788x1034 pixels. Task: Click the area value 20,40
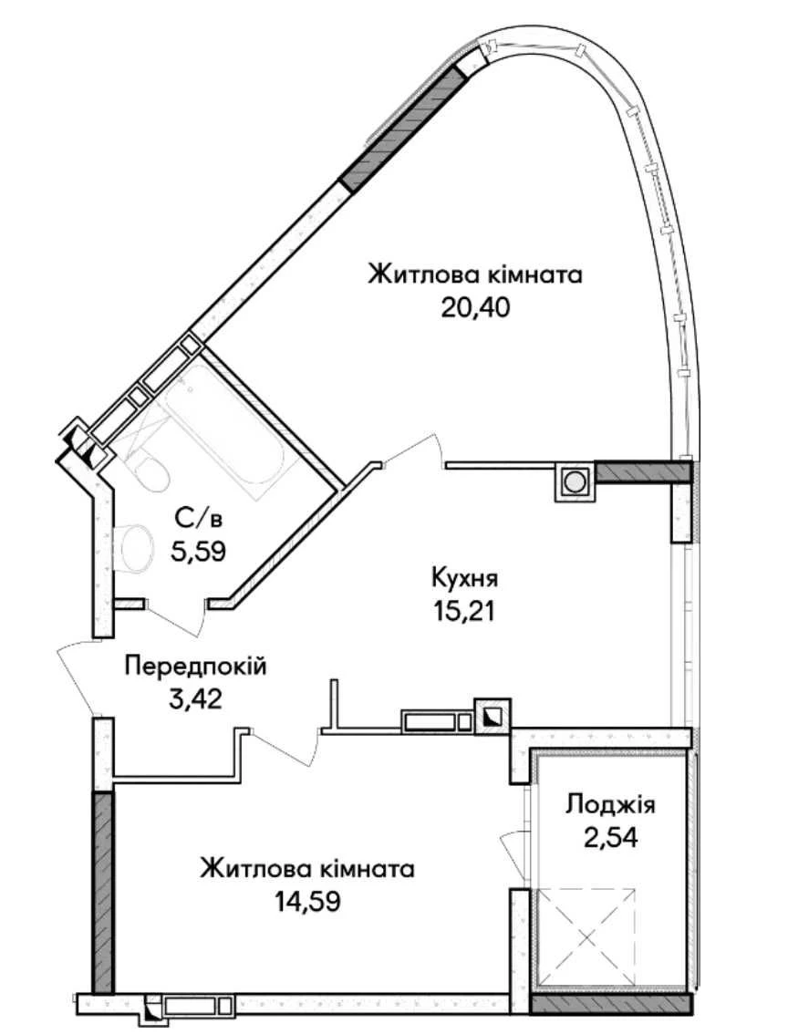pyautogui.click(x=475, y=307)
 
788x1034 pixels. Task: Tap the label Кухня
pyautogui.click(x=464, y=578)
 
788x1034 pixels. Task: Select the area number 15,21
pyautogui.click(x=464, y=611)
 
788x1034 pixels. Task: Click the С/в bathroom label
pyautogui.click(x=199, y=518)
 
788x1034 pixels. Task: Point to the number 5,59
pyautogui.click(x=199, y=551)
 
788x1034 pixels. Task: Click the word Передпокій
pyautogui.click(x=196, y=666)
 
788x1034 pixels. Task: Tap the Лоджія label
pyautogui.click(x=610, y=805)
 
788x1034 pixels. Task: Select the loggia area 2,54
pyautogui.click(x=610, y=837)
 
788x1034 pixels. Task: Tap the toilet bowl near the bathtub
pyautogui.click(x=148, y=470)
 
